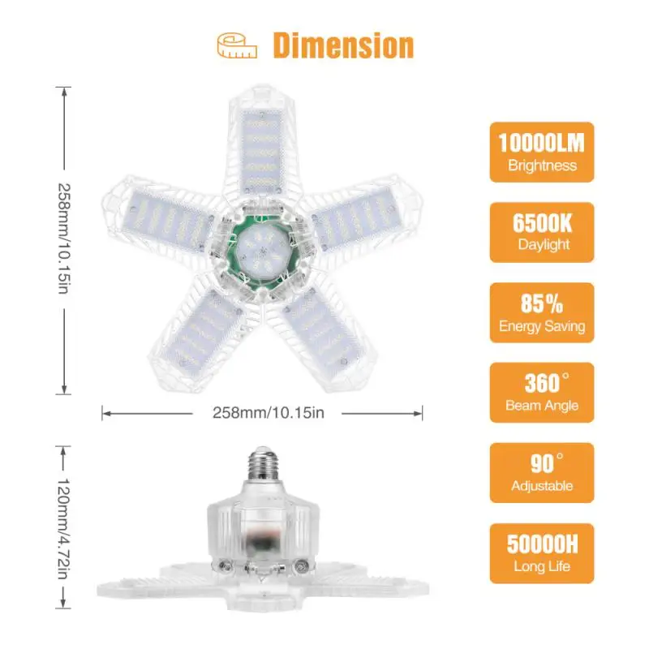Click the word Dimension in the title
(342, 45)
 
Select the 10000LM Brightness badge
(541, 152)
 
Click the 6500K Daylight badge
(541, 232)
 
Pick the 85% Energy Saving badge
(541, 312)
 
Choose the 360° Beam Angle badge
(541, 392)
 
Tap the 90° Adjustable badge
(541, 472)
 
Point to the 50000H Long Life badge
(541, 552)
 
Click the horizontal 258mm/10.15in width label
(262, 413)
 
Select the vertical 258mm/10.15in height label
(64, 240)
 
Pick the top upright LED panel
(261, 150)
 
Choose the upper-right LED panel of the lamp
(355, 215)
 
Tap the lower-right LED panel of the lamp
(322, 328)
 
